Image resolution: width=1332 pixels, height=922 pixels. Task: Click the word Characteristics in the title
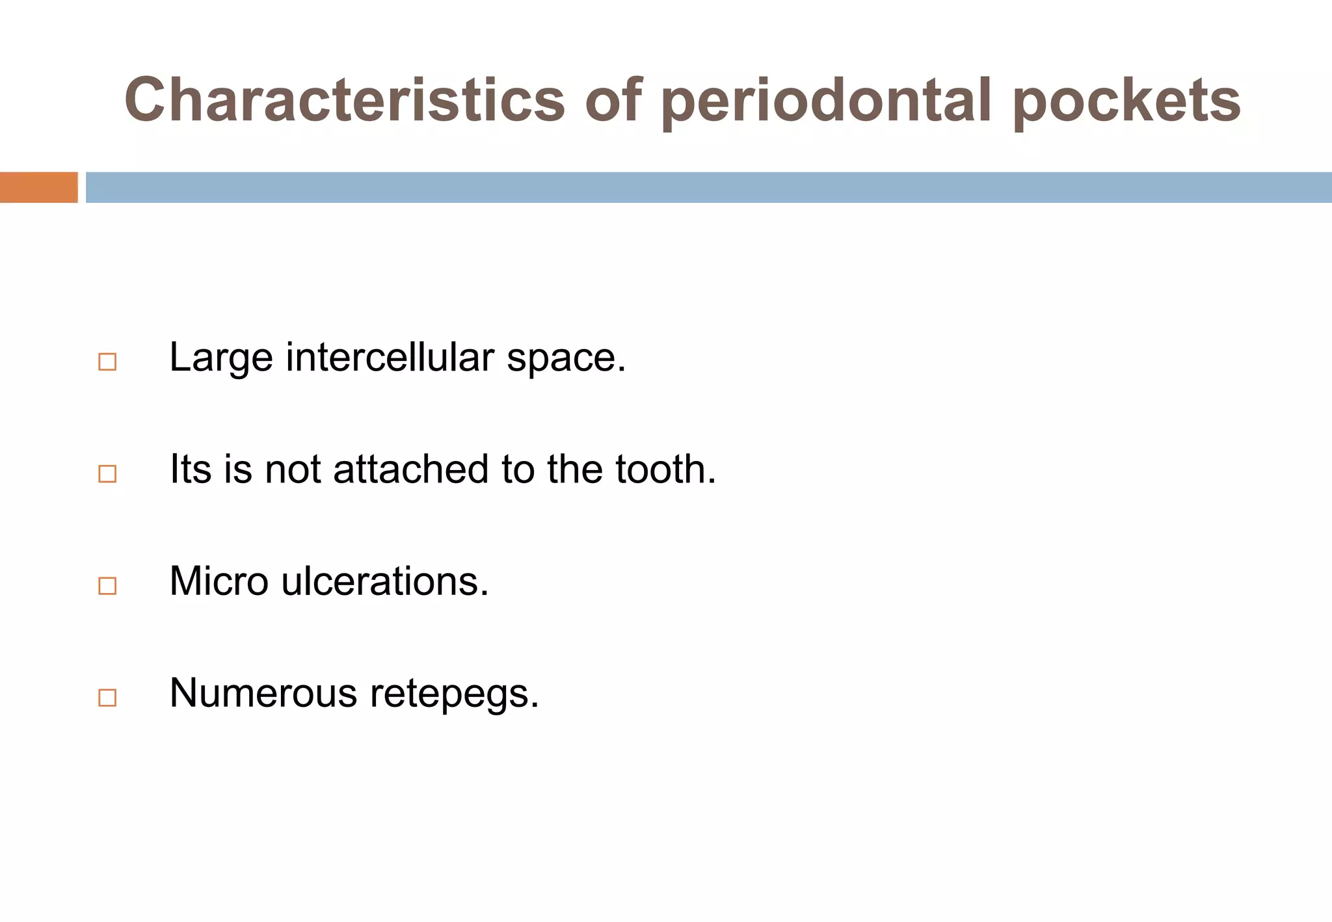[345, 100]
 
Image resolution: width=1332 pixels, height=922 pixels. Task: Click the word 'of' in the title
[613, 100]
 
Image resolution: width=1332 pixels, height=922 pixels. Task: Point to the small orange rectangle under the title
[38, 187]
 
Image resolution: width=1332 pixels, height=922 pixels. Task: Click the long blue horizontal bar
[708, 187]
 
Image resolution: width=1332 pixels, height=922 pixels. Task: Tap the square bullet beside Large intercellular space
[107, 362]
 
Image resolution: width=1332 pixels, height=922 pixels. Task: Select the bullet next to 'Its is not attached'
[107, 473]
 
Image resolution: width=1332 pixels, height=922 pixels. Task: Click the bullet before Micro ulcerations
[107, 585]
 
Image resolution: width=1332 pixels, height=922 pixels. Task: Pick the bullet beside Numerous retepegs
[107, 697]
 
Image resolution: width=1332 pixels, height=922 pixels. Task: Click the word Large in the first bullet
[221, 358]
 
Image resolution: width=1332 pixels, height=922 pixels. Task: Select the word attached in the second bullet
[410, 469]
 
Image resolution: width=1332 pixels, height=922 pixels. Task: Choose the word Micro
[219, 581]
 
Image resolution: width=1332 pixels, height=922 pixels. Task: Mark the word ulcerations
[384, 581]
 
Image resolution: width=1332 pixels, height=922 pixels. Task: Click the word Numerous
[263, 692]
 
